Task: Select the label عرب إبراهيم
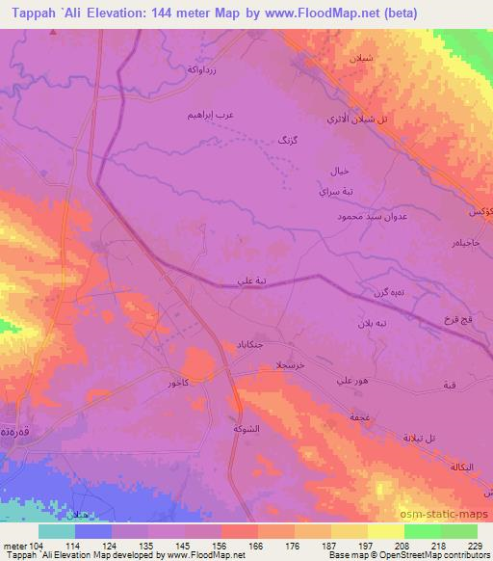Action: pos(211,115)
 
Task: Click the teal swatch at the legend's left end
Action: pos(56,531)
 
